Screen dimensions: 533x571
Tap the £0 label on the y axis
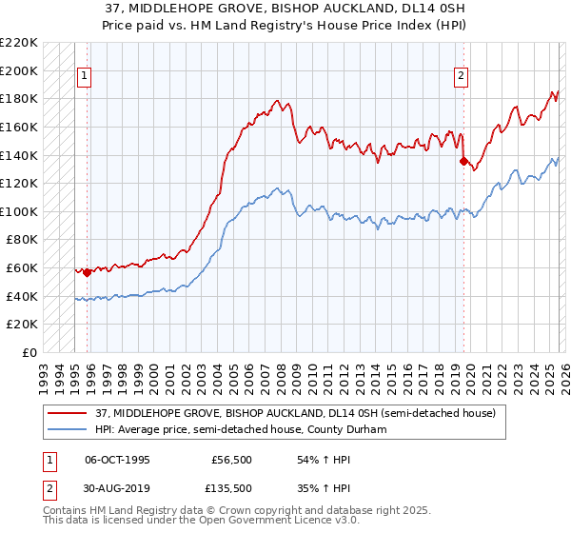pos(29,353)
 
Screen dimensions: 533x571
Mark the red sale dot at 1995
pos(87,273)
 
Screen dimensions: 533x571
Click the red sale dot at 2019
pos(463,162)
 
